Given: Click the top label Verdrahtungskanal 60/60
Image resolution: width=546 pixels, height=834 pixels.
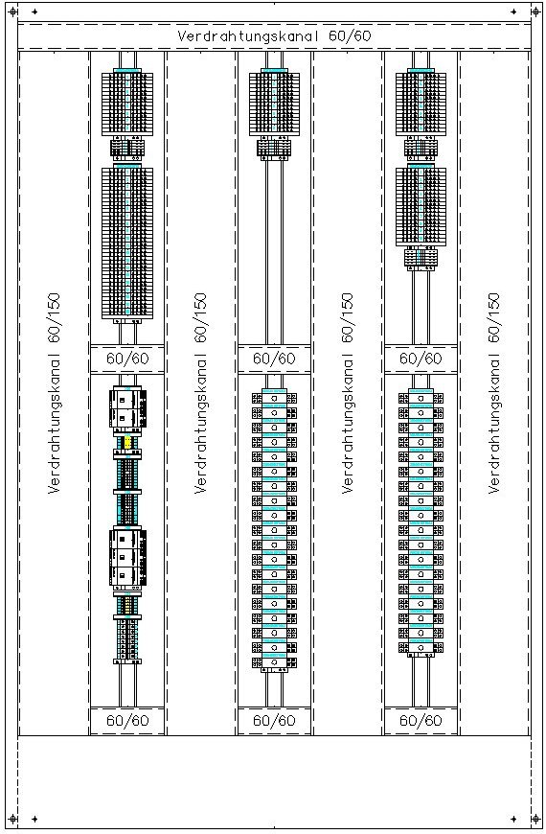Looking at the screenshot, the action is pos(274,36).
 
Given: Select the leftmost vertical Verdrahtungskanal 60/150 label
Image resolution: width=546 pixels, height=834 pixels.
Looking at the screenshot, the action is pos(54,393).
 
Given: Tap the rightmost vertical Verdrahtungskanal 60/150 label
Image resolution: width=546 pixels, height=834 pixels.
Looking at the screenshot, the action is pos(494,393).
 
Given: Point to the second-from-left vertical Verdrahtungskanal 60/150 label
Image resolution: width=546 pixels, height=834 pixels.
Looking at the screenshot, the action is pos(200,393).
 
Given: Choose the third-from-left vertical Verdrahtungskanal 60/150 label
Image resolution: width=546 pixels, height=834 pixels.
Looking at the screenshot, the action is pos(347,393).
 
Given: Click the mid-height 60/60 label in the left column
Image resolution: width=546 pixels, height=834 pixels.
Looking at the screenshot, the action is pos(127,359).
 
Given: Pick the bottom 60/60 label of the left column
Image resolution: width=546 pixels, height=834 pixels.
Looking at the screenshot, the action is pos(127,721).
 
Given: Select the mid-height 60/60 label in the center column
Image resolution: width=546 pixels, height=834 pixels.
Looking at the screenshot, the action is pos(274,359).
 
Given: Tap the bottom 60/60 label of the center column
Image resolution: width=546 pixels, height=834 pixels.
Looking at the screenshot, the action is pos(274,721).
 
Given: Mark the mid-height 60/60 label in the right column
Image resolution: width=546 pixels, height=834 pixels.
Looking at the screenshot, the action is pos(421,359).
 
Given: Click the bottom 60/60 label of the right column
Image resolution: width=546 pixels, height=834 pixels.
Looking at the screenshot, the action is pos(421,721).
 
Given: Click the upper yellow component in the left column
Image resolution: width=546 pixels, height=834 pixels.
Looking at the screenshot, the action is pos(127,442).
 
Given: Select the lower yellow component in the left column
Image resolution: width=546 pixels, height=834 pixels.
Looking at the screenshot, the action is pos(127,604).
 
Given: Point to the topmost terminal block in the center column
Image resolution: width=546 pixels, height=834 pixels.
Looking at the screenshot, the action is pos(274,104).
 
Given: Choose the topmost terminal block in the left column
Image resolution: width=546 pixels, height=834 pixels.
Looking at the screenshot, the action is pos(127,104).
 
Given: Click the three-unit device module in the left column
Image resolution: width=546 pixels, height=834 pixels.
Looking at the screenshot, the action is pos(127,557).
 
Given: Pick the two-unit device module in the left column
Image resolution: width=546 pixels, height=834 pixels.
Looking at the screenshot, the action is pos(127,408).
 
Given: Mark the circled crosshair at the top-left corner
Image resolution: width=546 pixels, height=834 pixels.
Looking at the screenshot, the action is pos(13,12).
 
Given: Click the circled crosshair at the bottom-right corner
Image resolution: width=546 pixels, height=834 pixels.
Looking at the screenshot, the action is pos(535,819).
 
